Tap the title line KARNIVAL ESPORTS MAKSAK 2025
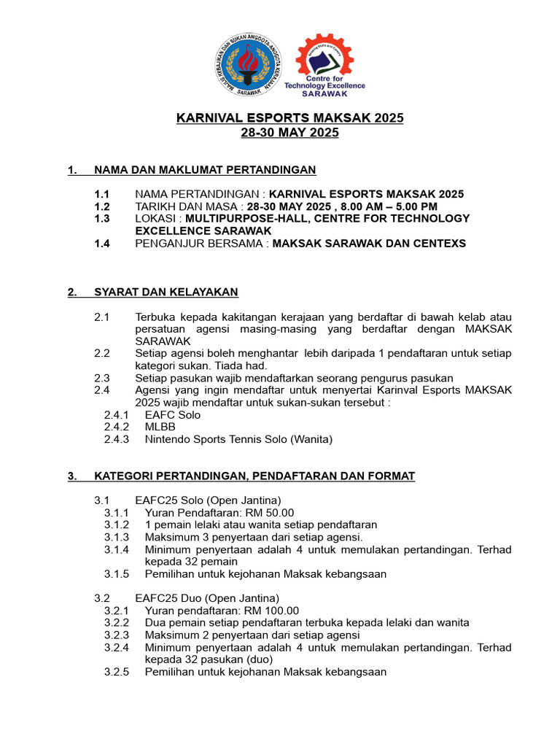tap(289, 118)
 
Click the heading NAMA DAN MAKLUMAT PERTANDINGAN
tap(205, 170)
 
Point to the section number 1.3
tap(102, 218)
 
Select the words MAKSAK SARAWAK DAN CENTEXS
tap(369, 244)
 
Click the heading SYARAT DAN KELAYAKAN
tap(166, 293)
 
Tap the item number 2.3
tap(101, 378)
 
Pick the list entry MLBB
tap(160, 427)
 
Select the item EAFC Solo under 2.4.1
tap(173, 414)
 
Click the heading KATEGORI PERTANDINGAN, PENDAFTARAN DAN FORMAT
tap(254, 476)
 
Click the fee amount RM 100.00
tap(272, 611)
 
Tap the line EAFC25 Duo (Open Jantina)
tap(208, 598)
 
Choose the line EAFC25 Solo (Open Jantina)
tap(208, 500)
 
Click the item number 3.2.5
tap(117, 672)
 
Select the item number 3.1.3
tap(117, 537)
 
